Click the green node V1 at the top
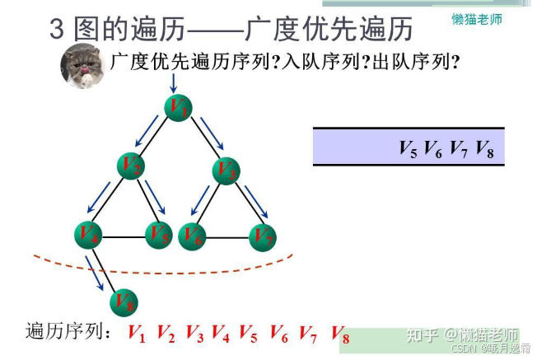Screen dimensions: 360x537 click(178, 108)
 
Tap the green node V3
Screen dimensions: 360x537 click(226, 171)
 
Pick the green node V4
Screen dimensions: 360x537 click(88, 236)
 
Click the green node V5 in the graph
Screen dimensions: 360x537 click(159, 235)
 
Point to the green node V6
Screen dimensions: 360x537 click(192, 236)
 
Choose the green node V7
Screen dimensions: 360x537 click(262, 236)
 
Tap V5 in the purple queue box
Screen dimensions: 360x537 click(408, 149)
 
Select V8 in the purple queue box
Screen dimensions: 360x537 click(484, 149)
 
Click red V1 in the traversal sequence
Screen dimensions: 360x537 click(137, 334)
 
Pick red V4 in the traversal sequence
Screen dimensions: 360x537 click(220, 334)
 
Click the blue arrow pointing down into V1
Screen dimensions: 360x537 click(175, 83)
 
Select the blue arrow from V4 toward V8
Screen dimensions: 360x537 click(96, 274)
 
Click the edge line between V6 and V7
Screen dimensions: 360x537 click(227, 237)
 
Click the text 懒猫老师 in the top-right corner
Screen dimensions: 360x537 click(477, 18)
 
